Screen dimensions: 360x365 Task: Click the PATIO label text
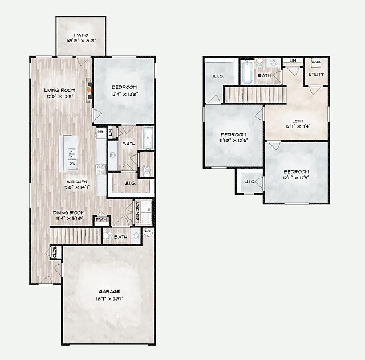(80, 35)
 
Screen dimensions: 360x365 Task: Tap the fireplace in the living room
(88, 89)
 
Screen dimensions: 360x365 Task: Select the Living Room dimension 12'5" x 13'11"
(60, 97)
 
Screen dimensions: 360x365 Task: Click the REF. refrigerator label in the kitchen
(100, 132)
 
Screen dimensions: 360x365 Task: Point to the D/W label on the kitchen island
(72, 163)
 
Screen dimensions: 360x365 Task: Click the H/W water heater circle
(148, 231)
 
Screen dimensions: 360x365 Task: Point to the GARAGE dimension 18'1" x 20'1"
(108, 298)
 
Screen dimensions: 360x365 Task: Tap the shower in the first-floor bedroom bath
(148, 138)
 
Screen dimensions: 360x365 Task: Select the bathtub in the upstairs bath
(247, 72)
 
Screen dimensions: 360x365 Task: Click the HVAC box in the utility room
(315, 62)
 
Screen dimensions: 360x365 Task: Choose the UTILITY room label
(316, 75)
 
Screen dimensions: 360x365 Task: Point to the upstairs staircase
(254, 94)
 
